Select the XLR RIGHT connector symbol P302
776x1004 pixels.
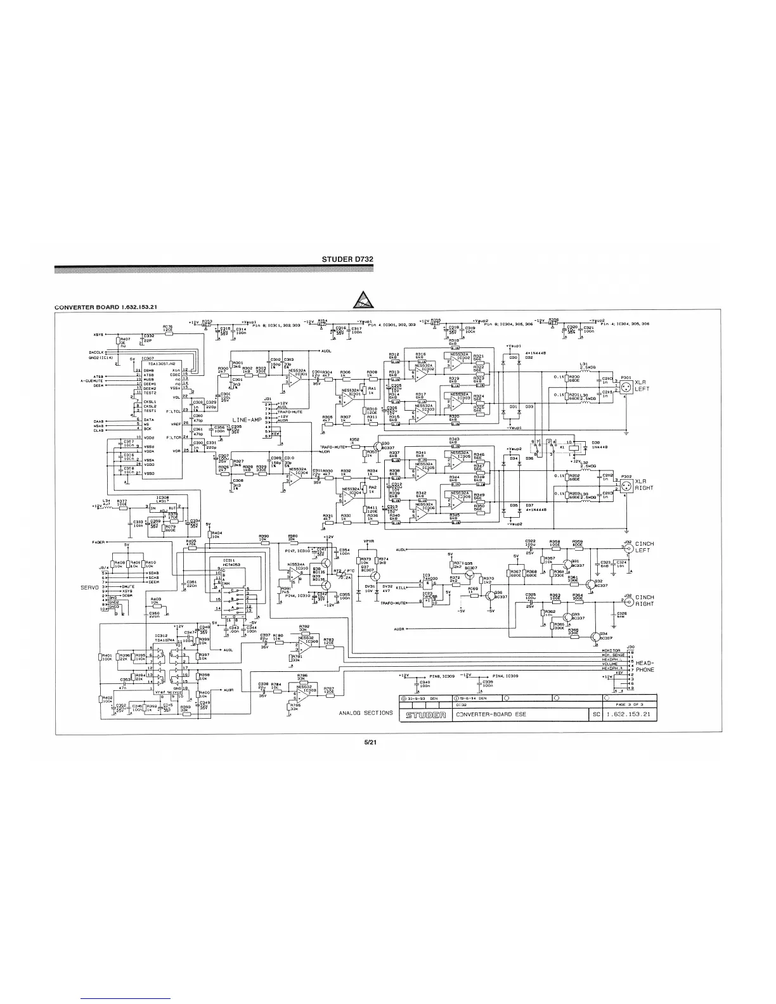pos(624,484)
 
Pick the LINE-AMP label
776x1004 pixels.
pos(249,420)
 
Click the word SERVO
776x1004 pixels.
pos(89,588)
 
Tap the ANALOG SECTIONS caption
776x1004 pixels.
pos(366,713)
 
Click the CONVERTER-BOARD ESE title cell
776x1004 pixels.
pos(491,715)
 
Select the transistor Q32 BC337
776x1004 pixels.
pos(592,583)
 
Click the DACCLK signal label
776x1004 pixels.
pos(97,353)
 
